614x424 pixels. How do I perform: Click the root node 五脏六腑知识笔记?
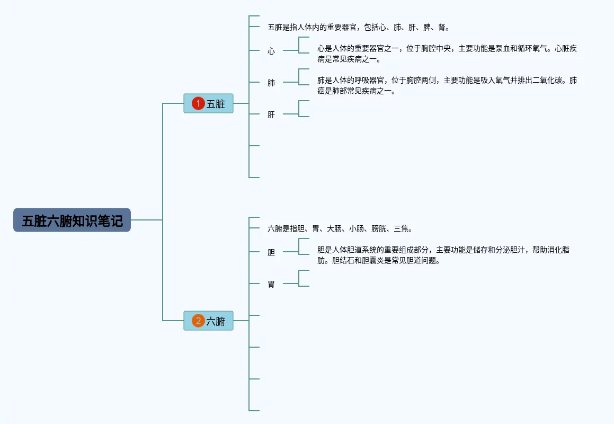[72, 220]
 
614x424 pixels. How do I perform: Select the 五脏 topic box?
[208, 103]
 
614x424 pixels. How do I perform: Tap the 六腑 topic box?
[208, 321]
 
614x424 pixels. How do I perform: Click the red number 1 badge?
[198, 103]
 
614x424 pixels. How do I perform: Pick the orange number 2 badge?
[198, 321]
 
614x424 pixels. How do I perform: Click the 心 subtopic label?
[271, 51]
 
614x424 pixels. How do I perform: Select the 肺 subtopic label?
[271, 83]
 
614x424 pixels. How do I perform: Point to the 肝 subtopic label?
[271, 115]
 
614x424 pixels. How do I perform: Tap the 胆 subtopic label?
[271, 253]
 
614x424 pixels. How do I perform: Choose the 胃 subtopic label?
[271, 285]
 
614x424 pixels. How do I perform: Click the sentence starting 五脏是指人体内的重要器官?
[359, 28]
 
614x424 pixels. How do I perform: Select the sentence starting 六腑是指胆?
[340, 229]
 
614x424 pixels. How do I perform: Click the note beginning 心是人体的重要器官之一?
[447, 54]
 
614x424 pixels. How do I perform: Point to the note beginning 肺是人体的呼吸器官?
[447, 85]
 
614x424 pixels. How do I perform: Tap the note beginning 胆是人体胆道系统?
[443, 255]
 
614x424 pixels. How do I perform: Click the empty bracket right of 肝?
[304, 109]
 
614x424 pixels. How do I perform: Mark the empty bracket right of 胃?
[304, 278]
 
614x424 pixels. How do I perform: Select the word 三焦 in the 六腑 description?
[403, 229]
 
